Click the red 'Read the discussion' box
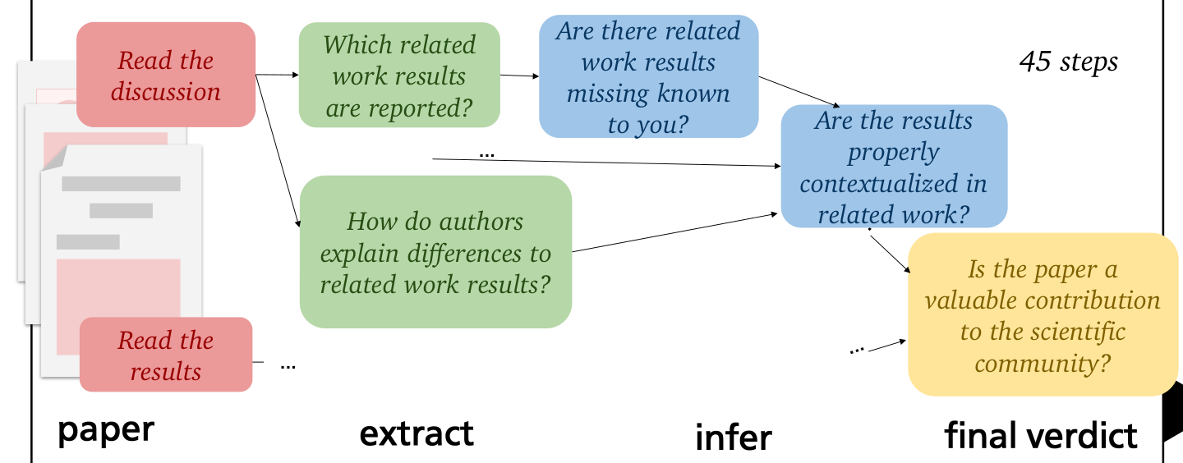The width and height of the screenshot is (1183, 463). click(166, 75)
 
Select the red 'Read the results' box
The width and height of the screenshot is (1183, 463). click(166, 355)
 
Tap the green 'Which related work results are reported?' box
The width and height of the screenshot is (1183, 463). click(399, 75)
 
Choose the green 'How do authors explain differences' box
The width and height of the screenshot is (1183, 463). click(435, 252)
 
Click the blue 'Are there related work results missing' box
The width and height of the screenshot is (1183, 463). click(648, 76)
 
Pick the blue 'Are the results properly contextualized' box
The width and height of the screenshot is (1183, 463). click(894, 167)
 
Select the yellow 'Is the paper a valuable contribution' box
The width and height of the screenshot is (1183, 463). click(1043, 314)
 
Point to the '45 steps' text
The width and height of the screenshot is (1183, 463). click(1068, 62)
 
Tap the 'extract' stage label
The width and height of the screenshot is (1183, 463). click(417, 433)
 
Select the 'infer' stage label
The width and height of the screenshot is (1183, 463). click(734, 438)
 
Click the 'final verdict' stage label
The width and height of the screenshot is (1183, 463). click(1041, 435)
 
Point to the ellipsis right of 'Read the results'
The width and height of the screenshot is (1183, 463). click(288, 364)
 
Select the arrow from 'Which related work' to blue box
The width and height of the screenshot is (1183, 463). click(519, 76)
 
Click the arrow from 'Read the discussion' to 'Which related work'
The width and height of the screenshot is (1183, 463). click(277, 75)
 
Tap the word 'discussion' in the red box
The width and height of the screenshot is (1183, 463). click(166, 91)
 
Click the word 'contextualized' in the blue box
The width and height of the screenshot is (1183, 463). click(894, 183)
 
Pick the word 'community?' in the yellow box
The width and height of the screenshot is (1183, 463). click(1043, 362)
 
